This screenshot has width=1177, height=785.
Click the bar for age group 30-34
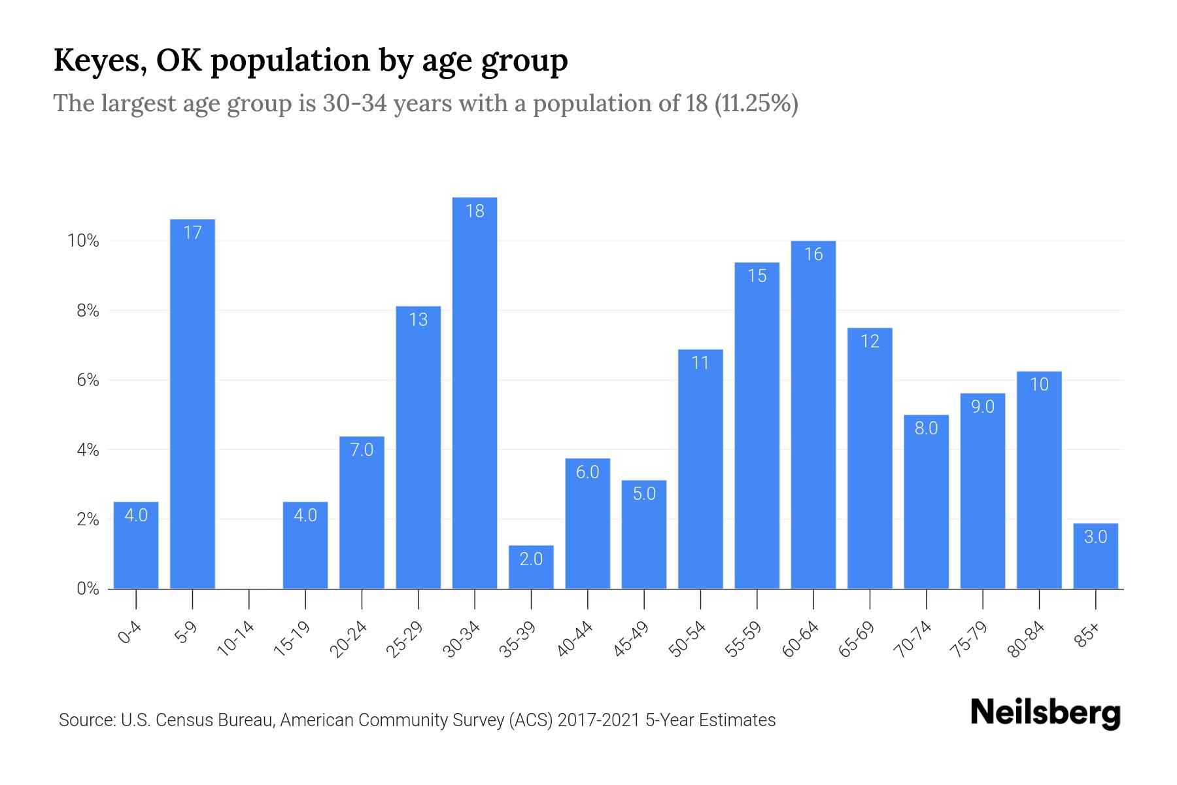tap(475, 392)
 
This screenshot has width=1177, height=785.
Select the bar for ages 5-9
tap(192, 406)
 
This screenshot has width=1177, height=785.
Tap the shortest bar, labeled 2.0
tap(531, 567)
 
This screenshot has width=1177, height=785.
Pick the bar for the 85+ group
tap(1095, 556)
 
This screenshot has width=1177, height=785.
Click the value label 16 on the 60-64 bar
tap(813, 254)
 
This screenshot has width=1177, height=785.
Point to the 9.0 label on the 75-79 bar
tap(982, 407)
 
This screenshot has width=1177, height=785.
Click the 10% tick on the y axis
tap(83, 241)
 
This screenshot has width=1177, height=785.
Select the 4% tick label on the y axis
tap(88, 450)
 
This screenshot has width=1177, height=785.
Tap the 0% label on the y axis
tap(88, 589)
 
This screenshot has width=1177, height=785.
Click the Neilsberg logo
tap(1045, 712)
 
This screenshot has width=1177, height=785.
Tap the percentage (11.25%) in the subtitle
tap(756, 103)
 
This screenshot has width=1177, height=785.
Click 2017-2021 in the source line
tap(599, 720)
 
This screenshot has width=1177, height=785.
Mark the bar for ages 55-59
tap(757, 425)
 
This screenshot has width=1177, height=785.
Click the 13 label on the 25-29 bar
tap(418, 320)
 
